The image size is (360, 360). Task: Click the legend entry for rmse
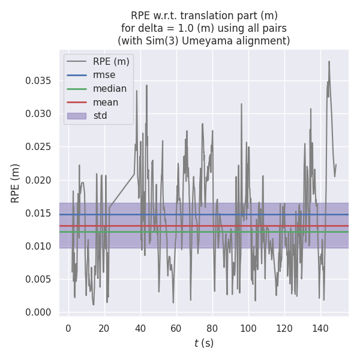point(104,75)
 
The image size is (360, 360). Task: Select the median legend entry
point(110,89)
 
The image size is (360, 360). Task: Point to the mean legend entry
point(105,102)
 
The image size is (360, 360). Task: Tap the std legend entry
point(100,115)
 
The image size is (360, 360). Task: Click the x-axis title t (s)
point(204,343)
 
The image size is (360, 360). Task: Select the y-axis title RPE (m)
point(16,182)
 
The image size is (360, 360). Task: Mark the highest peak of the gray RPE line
point(329,61)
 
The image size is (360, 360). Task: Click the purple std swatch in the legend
point(76,115)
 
